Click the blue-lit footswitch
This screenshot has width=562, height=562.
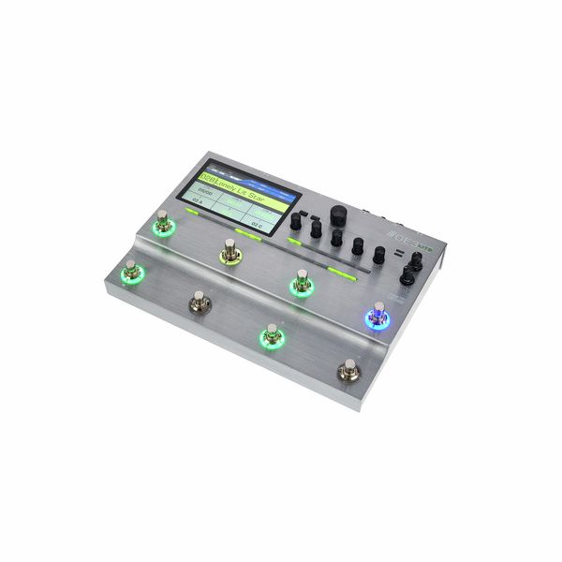(x=378, y=316)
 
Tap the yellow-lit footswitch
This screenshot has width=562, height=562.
(x=229, y=251)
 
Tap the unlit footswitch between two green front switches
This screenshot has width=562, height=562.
(x=199, y=301)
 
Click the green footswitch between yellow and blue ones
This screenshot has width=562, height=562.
(x=301, y=282)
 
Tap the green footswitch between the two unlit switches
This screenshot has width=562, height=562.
(x=271, y=334)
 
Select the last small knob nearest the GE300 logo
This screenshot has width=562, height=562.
(x=378, y=254)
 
